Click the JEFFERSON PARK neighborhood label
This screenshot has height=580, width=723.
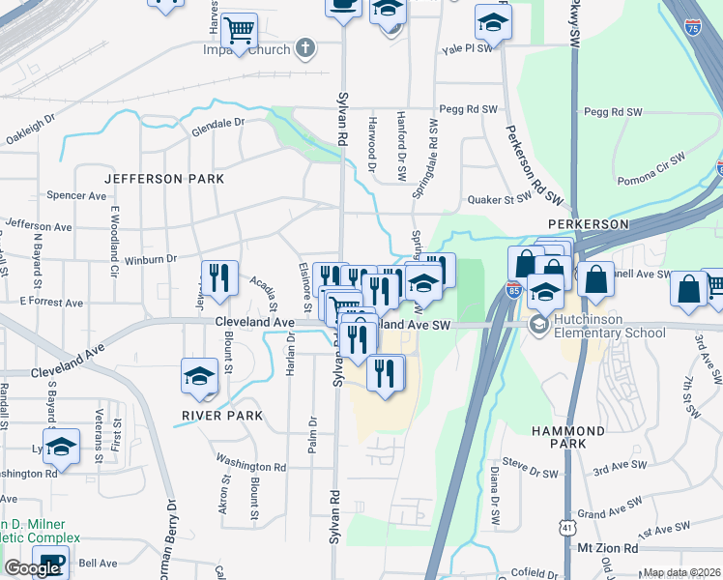pos(164,179)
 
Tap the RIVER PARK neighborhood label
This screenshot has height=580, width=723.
pos(221,417)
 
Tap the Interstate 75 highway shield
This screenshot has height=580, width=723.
pos(692,29)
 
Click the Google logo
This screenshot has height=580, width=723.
pos(33,568)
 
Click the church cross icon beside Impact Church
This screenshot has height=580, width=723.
pos(305,46)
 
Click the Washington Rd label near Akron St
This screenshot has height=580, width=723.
pos(250,463)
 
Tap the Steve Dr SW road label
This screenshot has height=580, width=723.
pos(533,473)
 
